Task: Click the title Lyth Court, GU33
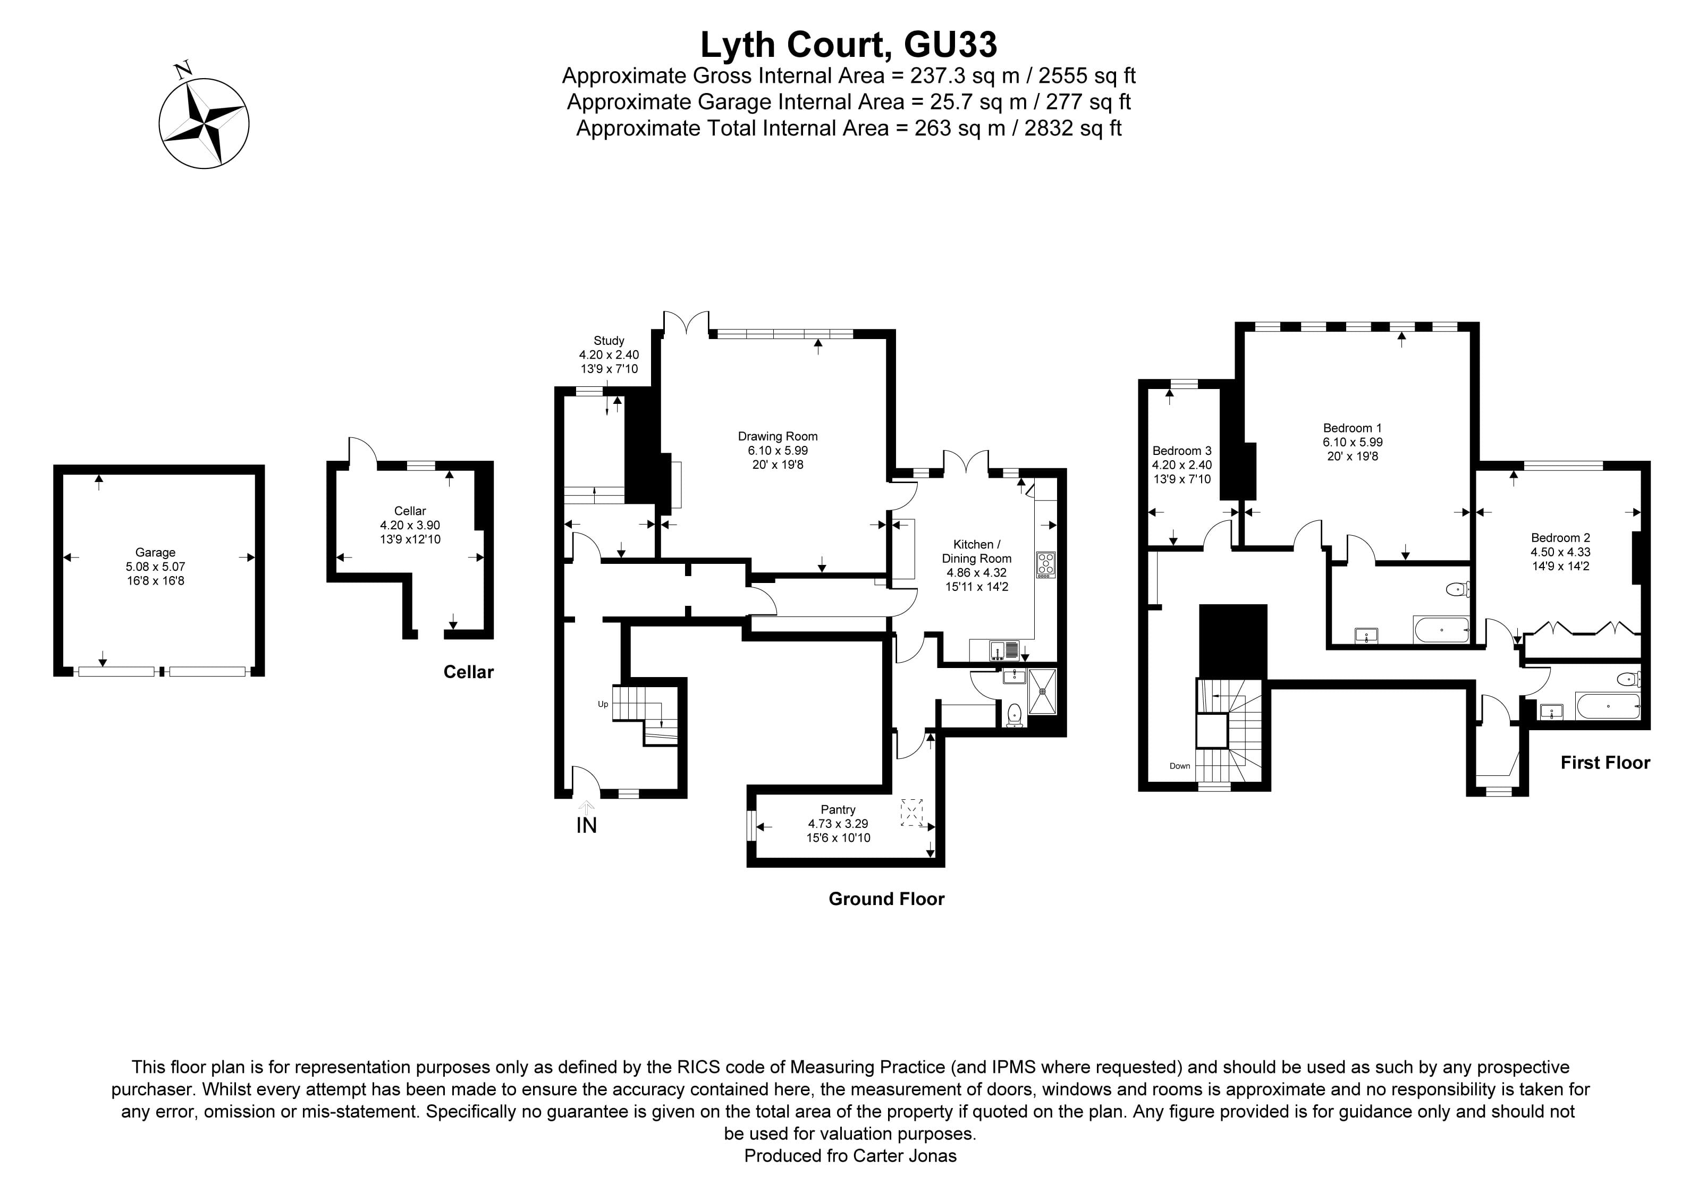(x=848, y=44)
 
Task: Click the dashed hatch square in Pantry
(x=912, y=812)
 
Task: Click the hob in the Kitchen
(x=1046, y=565)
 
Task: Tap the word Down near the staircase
(x=1180, y=765)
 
